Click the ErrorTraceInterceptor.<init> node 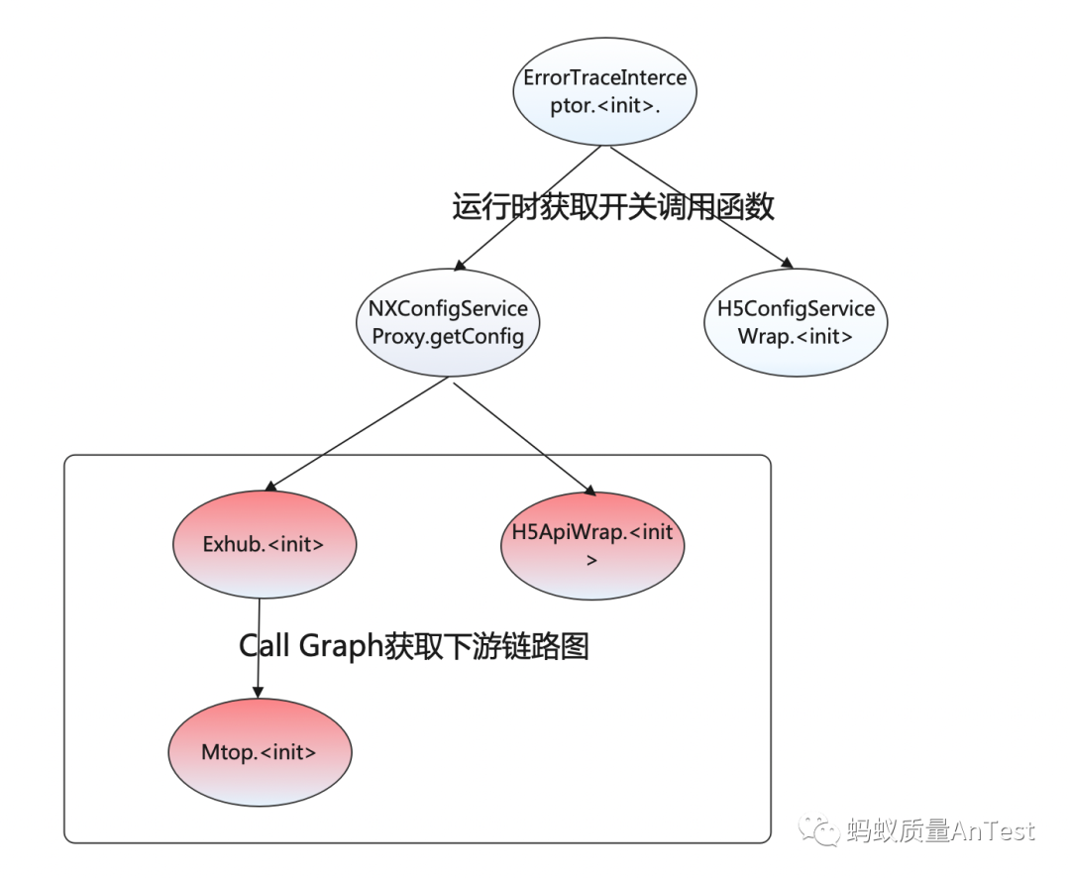click(x=605, y=91)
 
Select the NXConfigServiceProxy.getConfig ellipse click(x=448, y=322)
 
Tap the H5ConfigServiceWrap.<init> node click(x=796, y=322)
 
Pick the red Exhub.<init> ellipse click(x=264, y=544)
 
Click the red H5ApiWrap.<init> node click(x=592, y=544)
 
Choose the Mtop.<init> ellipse click(x=260, y=751)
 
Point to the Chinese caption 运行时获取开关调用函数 click(x=613, y=207)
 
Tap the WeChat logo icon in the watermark click(x=821, y=829)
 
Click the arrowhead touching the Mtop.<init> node click(x=259, y=694)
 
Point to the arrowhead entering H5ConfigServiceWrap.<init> click(x=787, y=264)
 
